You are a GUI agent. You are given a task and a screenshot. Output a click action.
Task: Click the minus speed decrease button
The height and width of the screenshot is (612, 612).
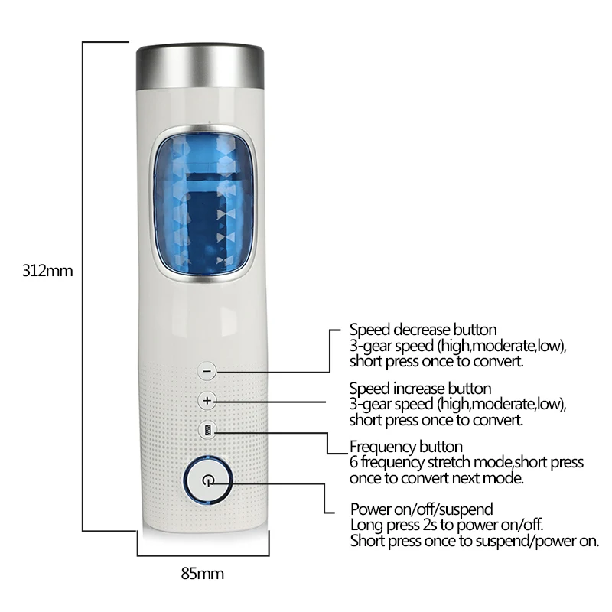point(207,371)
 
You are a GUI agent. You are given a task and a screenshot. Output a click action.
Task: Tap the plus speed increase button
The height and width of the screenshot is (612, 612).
point(207,400)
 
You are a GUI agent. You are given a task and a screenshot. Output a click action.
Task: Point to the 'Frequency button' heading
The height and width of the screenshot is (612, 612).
point(405,447)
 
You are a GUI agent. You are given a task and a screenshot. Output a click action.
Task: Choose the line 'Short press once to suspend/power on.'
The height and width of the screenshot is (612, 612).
point(474,541)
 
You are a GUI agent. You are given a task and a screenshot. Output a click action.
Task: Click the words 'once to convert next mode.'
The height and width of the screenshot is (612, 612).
point(437,478)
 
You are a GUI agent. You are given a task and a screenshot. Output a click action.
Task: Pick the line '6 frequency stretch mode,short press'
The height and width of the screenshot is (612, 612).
point(466,462)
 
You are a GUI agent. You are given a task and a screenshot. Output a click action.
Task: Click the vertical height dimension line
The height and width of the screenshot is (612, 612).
point(83,283)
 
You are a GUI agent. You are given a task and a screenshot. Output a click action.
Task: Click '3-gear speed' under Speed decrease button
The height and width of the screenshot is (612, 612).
point(389,346)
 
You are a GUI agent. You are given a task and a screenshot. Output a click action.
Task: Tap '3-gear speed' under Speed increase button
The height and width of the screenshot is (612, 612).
point(389,404)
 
